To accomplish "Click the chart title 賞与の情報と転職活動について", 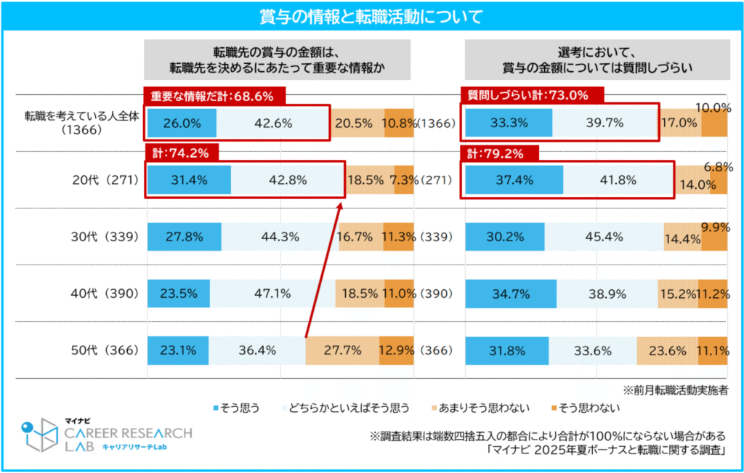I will pyautogui.click(x=371, y=16).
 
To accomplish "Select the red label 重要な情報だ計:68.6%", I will pyautogui.click(x=215, y=96).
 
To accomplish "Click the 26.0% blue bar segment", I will pyautogui.click(x=182, y=123).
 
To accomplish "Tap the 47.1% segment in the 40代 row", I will pyautogui.click(x=272, y=294).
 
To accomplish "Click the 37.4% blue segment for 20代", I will pyautogui.click(x=513, y=179).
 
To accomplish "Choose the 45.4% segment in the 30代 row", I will pyautogui.click(x=604, y=237).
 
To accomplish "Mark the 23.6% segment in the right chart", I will pyautogui.click(x=667, y=350).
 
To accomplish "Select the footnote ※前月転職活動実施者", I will pyautogui.click(x=676, y=389).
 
